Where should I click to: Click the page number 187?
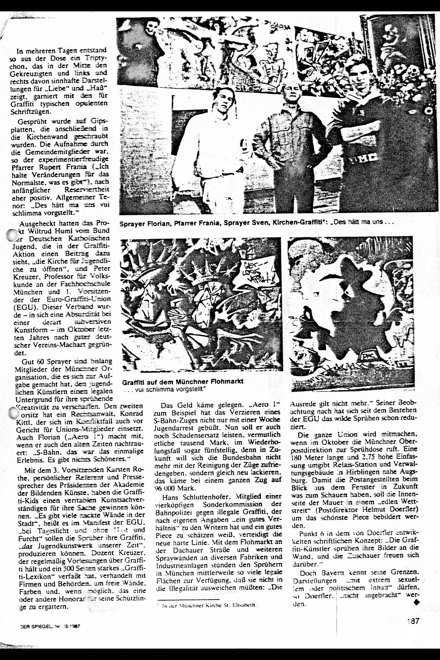(x=413, y=621)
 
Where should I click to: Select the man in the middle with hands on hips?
(x=289, y=144)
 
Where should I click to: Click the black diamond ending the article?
(x=417, y=602)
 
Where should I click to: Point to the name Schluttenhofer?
(x=201, y=497)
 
